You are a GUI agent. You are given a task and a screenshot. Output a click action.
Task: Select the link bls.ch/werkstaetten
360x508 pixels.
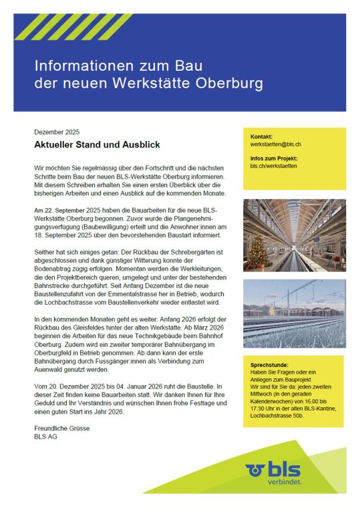(x=264, y=165)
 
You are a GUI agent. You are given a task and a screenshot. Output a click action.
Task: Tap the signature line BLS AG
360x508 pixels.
(x=45, y=436)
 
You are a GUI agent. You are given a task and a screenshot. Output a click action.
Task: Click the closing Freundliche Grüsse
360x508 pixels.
(x=62, y=428)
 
